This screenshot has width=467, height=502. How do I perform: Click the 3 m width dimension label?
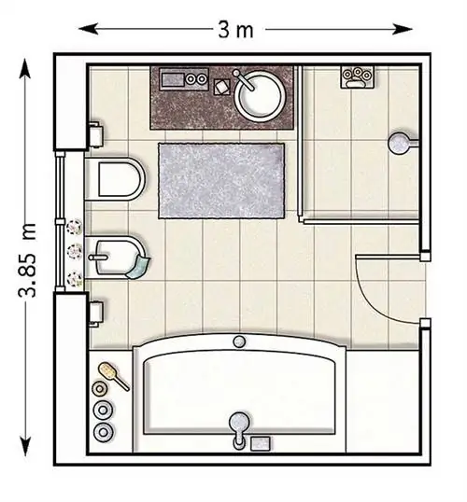point(235,30)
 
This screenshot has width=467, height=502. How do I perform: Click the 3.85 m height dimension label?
point(27,259)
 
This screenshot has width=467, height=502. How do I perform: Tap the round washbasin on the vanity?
point(259,95)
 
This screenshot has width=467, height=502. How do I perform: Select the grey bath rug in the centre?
point(221,181)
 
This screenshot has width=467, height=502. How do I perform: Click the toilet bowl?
point(116,178)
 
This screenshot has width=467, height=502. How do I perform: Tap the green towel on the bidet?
point(138,266)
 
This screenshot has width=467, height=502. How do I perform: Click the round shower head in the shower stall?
point(399,143)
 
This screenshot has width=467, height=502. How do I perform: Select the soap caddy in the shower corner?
point(357,77)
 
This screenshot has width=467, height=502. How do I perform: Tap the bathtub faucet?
point(239,429)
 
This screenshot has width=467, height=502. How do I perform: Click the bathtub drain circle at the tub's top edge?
point(238,342)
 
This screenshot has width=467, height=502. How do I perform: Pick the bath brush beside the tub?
point(113,375)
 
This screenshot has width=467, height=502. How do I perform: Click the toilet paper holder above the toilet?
point(95,134)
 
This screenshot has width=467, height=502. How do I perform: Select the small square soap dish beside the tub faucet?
point(260,444)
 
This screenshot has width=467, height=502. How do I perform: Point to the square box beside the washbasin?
point(222,87)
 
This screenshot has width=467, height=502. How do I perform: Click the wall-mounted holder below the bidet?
point(95,314)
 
